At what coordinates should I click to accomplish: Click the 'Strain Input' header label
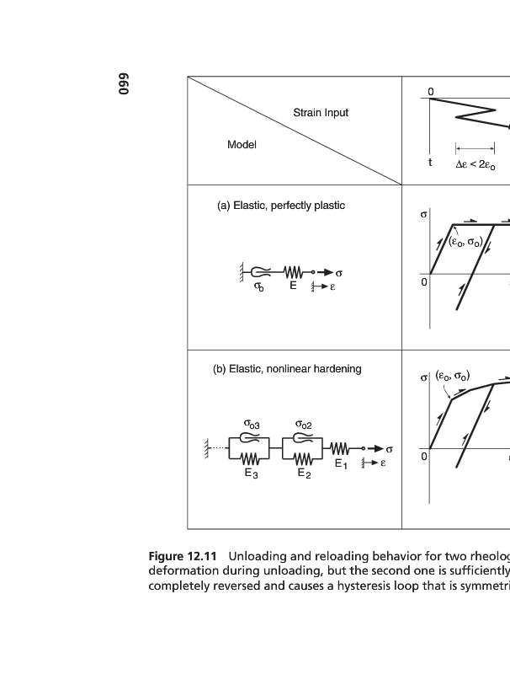(321, 113)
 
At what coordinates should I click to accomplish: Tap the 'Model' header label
(242, 145)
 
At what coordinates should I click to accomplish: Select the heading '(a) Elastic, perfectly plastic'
(281, 206)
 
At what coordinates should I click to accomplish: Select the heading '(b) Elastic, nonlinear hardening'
(287, 369)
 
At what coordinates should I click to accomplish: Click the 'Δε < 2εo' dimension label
(475, 165)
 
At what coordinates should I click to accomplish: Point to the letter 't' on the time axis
(430, 163)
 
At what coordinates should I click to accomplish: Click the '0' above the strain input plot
(430, 90)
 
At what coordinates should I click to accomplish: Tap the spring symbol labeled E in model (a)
(293, 272)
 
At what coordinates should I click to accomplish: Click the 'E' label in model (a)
(293, 286)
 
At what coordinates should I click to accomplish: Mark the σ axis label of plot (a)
(423, 216)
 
